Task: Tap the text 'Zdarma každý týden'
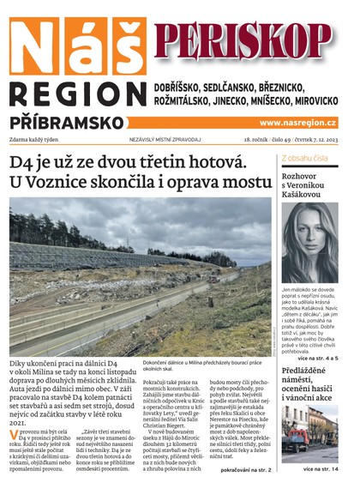click(40, 139)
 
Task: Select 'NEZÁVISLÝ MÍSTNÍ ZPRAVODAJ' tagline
click(153, 139)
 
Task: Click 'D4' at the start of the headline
click(23, 162)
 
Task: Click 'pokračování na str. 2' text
click(244, 471)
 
